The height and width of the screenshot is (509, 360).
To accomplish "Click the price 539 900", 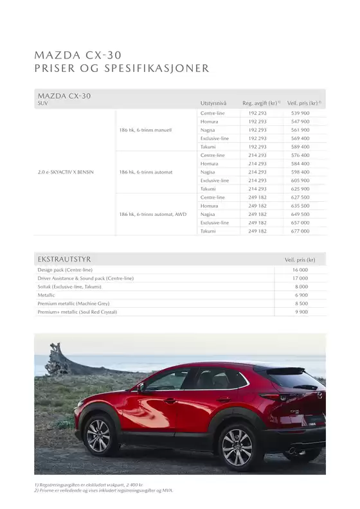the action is coord(300,113).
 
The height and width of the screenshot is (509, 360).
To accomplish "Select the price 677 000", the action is coord(300,231).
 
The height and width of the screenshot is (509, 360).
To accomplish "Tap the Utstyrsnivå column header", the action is coord(213,103).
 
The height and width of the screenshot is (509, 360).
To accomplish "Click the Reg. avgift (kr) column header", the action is coord(261,103).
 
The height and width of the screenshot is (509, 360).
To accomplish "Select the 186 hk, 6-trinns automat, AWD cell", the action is coord(153,214).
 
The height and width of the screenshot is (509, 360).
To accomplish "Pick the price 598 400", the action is coord(300,172).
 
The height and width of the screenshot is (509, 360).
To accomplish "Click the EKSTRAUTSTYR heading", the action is coord(64,259).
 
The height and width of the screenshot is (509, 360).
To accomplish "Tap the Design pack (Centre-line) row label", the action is coord(65,271).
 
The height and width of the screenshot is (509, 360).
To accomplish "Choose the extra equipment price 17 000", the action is coord(300,278).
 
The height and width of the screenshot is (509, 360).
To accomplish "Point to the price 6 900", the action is coord(301,295).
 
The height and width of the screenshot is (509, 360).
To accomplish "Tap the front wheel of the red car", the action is coord(98,436).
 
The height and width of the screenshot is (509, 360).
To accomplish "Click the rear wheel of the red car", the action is coord(237,445).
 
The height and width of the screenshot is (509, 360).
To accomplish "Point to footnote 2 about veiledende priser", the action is coord(104,490).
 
